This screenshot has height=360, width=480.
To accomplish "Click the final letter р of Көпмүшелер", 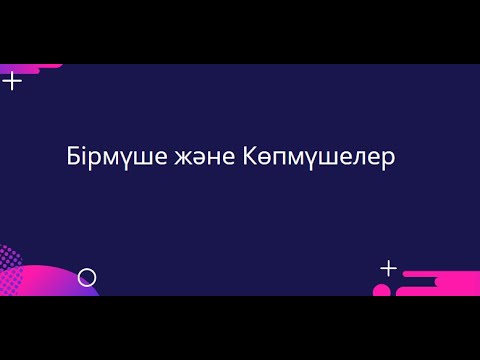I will [389, 162].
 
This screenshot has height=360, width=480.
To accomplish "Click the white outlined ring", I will [87, 277].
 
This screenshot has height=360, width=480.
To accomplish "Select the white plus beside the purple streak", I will [12, 81].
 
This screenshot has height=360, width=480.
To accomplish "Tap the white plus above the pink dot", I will [388, 268].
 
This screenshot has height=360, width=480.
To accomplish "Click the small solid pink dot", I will [381, 291].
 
